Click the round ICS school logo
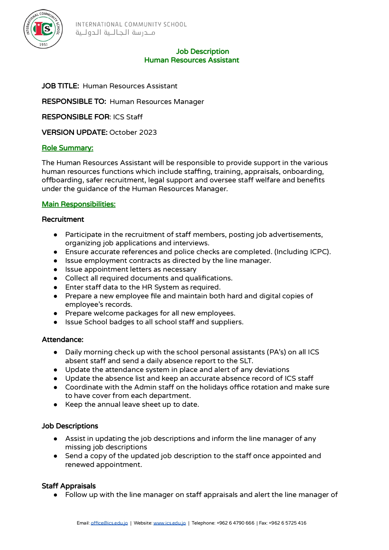click(x=43, y=29)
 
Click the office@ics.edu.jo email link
click(x=109, y=523)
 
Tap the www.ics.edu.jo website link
click(x=169, y=523)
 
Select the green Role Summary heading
click(x=67, y=148)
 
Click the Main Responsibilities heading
click(x=79, y=204)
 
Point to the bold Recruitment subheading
click(x=63, y=219)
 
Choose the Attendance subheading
click(x=63, y=340)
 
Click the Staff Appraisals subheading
click(x=69, y=486)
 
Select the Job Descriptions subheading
click(x=70, y=426)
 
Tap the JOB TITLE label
click(x=60, y=86)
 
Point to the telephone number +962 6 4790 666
click(x=235, y=523)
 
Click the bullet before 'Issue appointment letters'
click(x=55, y=270)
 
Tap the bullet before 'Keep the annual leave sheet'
click(x=55, y=405)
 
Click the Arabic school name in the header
click(x=115, y=33)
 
